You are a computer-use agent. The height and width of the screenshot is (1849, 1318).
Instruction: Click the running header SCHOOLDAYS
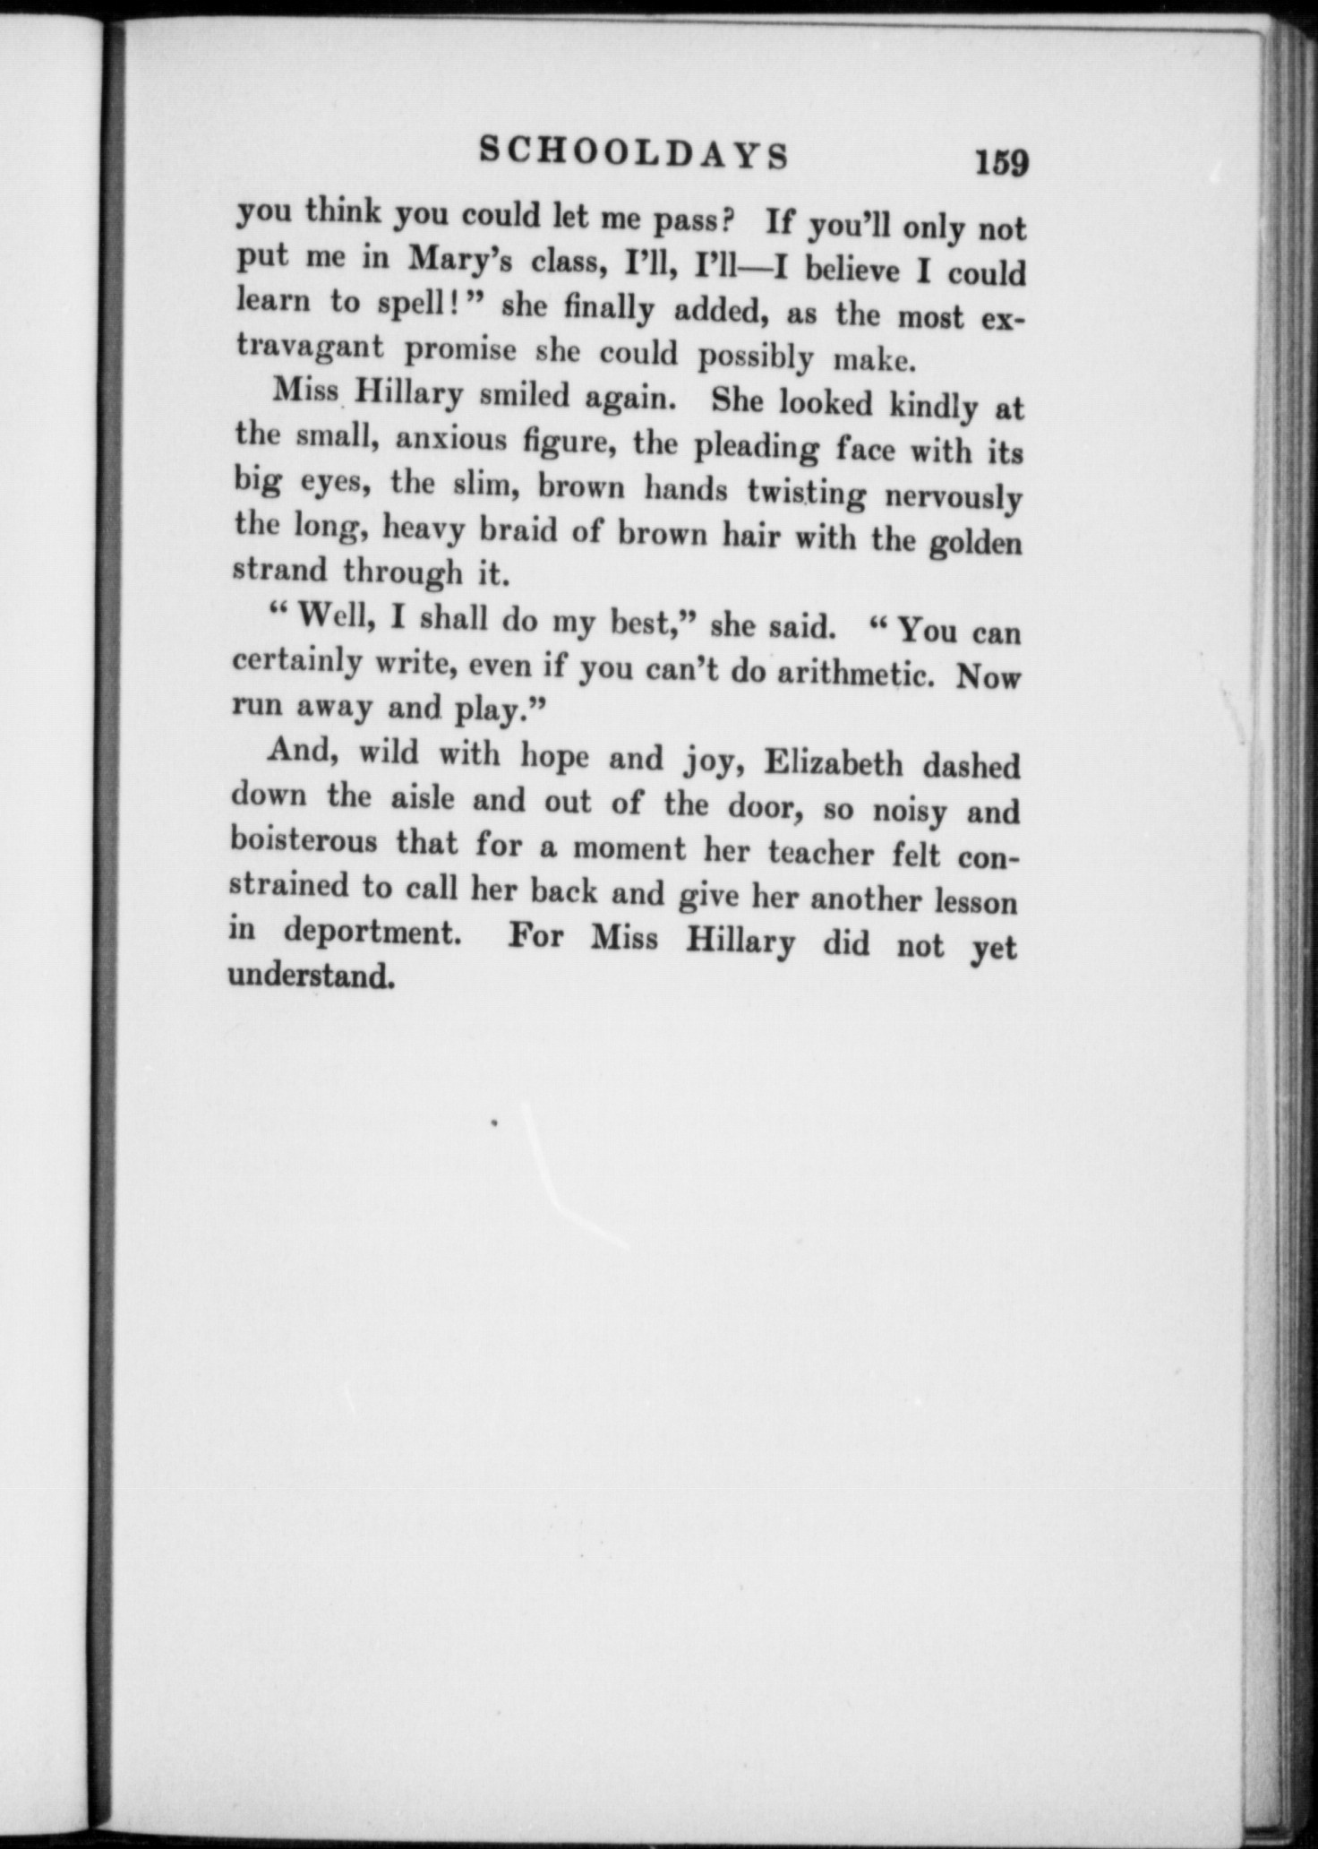[634, 153]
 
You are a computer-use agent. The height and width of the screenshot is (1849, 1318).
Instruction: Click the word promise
[460, 349]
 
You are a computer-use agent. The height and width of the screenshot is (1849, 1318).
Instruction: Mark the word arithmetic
[856, 672]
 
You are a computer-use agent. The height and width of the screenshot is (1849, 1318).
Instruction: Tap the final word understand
[311, 975]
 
